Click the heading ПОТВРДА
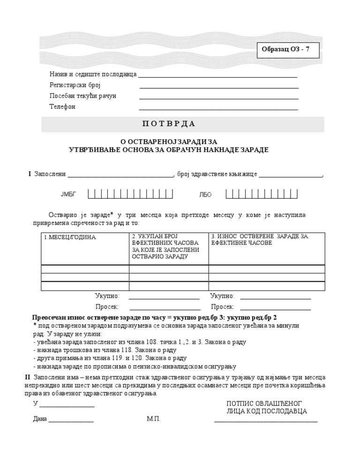pos(168,124)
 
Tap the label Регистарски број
pos(75,85)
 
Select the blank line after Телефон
pos(218,109)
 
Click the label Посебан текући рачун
pos(83,96)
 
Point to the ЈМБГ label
pos(68,194)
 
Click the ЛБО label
pos(205,194)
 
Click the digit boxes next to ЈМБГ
pos(131,194)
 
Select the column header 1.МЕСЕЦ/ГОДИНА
pos(70,238)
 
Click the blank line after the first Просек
pos(165,309)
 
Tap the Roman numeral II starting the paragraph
pos(27,377)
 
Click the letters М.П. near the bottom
pos(153,419)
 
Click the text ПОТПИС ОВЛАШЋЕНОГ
pos(264,403)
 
